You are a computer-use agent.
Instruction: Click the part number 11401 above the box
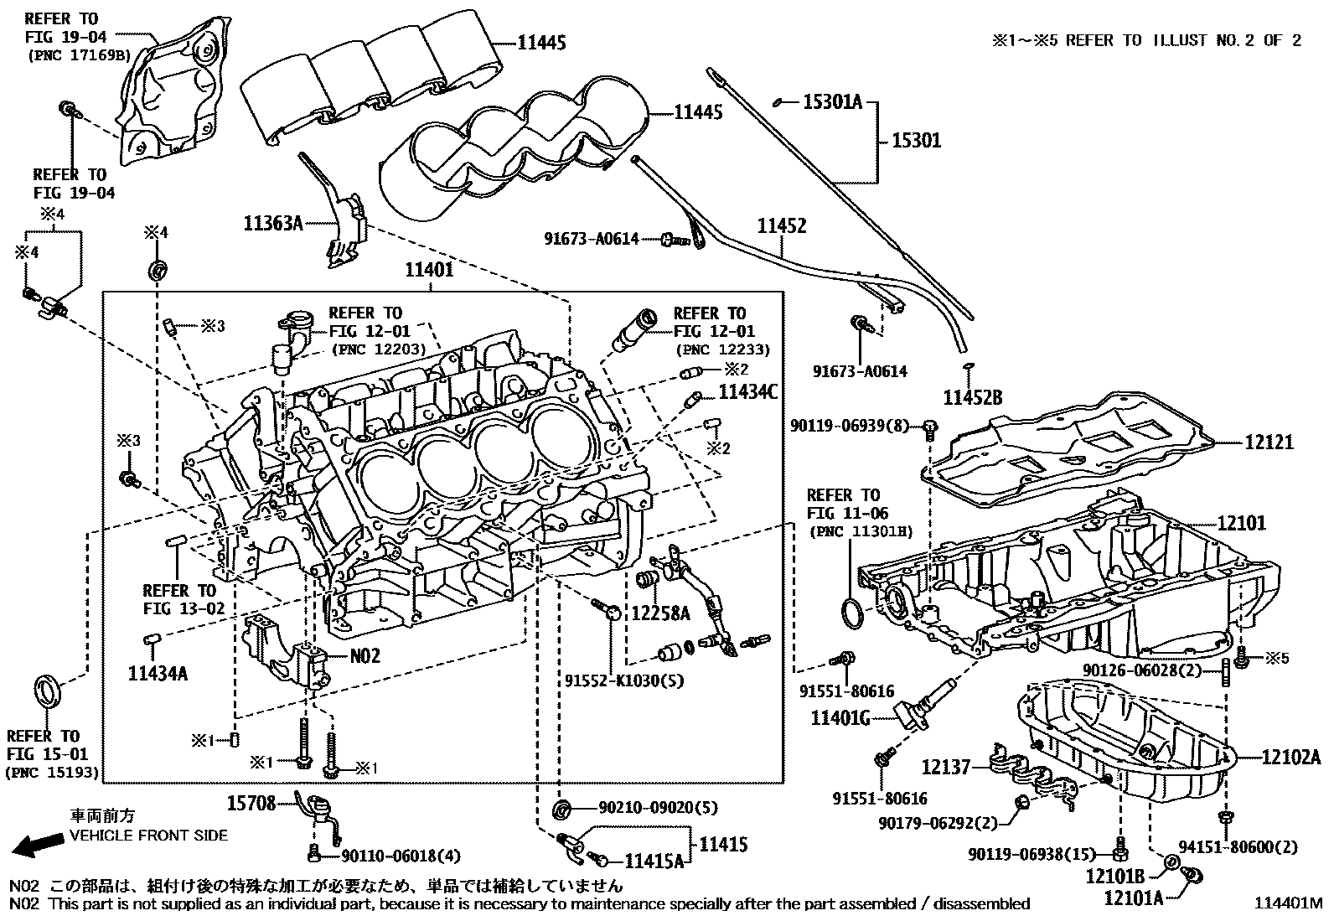[429, 270]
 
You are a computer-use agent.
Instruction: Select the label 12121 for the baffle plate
[1268, 442]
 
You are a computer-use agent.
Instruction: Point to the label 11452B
[972, 398]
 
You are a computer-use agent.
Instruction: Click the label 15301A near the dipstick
[832, 102]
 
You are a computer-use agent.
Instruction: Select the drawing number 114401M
[1287, 904]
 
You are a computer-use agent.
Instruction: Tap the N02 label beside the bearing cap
[365, 655]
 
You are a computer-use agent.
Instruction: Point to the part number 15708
[251, 803]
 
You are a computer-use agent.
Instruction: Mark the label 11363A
[273, 224]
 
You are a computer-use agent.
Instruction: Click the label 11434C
[748, 391]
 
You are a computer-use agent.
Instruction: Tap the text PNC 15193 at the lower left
[52, 772]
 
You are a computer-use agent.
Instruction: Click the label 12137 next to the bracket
[946, 767]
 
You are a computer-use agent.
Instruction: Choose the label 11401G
[840, 718]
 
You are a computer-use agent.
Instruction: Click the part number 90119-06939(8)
[849, 427]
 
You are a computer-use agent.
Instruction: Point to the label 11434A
[158, 671]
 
